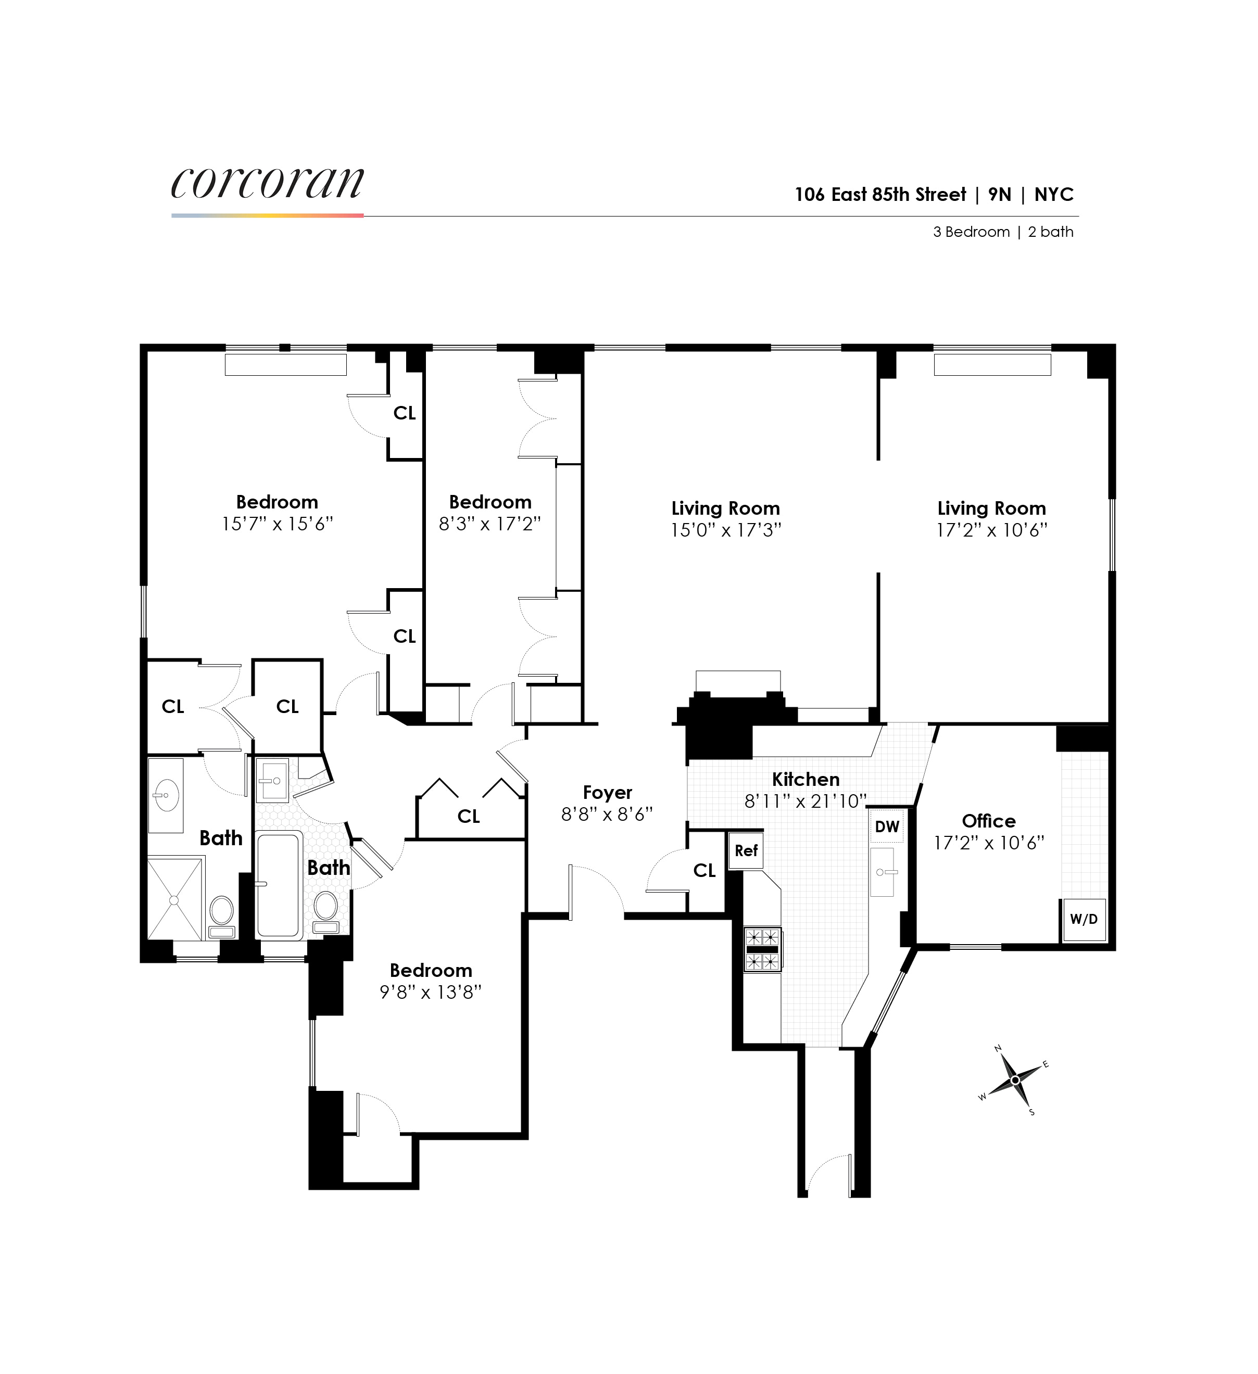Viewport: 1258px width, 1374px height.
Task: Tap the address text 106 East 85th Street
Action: pyautogui.click(x=879, y=195)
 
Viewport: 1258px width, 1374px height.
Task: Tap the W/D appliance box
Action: pyautogui.click(x=1084, y=920)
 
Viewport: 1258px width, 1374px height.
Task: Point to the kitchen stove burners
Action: pyautogui.click(x=762, y=948)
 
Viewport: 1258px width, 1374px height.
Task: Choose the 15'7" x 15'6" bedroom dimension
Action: pyautogui.click(x=277, y=524)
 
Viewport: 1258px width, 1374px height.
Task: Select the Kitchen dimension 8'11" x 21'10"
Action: pyautogui.click(x=804, y=801)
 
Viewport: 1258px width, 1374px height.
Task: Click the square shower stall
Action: pyautogui.click(x=174, y=900)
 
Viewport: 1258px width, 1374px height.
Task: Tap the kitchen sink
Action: pyautogui.click(x=882, y=872)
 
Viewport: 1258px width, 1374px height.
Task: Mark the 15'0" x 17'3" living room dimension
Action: pyautogui.click(x=725, y=530)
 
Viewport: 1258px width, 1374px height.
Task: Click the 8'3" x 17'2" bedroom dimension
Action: pyautogui.click(x=489, y=524)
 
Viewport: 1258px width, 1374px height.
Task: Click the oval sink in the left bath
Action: pyautogui.click(x=166, y=795)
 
